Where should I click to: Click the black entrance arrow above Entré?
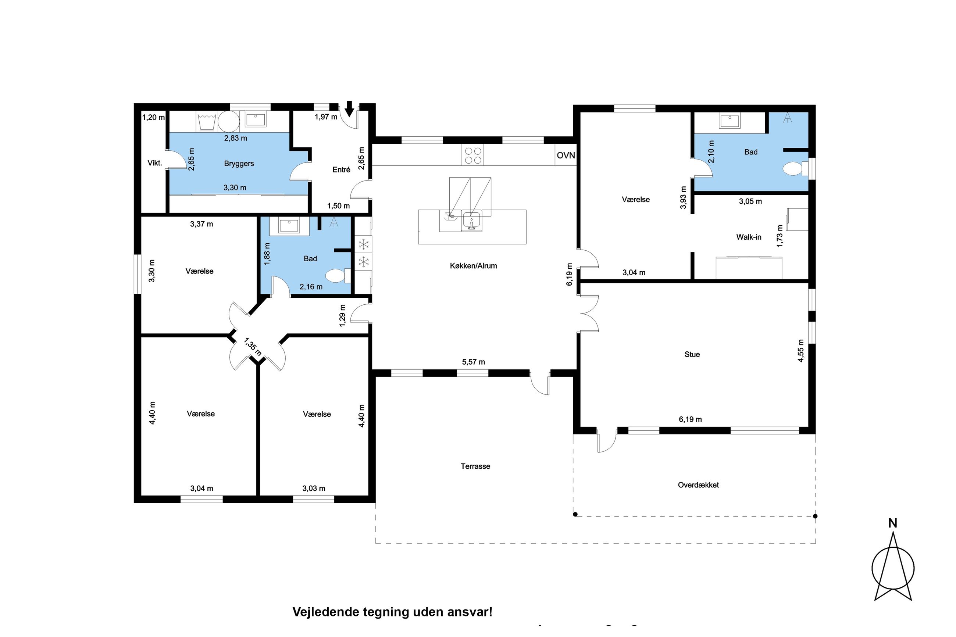[349, 109]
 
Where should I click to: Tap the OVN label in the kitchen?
[566, 155]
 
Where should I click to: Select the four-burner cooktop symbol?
[473, 155]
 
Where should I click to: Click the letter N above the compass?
[893, 523]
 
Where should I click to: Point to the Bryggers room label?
[239, 164]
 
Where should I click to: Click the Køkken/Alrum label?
[473, 266]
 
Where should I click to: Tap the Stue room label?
[692, 354]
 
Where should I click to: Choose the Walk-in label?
[749, 237]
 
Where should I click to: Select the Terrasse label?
[475, 466]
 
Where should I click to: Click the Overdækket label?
[698, 485]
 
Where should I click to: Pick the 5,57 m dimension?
[473, 362]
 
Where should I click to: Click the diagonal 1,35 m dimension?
[252, 347]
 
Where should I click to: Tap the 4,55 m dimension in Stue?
[801, 351]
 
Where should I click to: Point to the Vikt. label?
[155, 163]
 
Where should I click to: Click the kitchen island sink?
[471, 221]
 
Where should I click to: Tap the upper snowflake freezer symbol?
[364, 244]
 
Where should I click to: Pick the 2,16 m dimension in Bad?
[311, 287]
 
